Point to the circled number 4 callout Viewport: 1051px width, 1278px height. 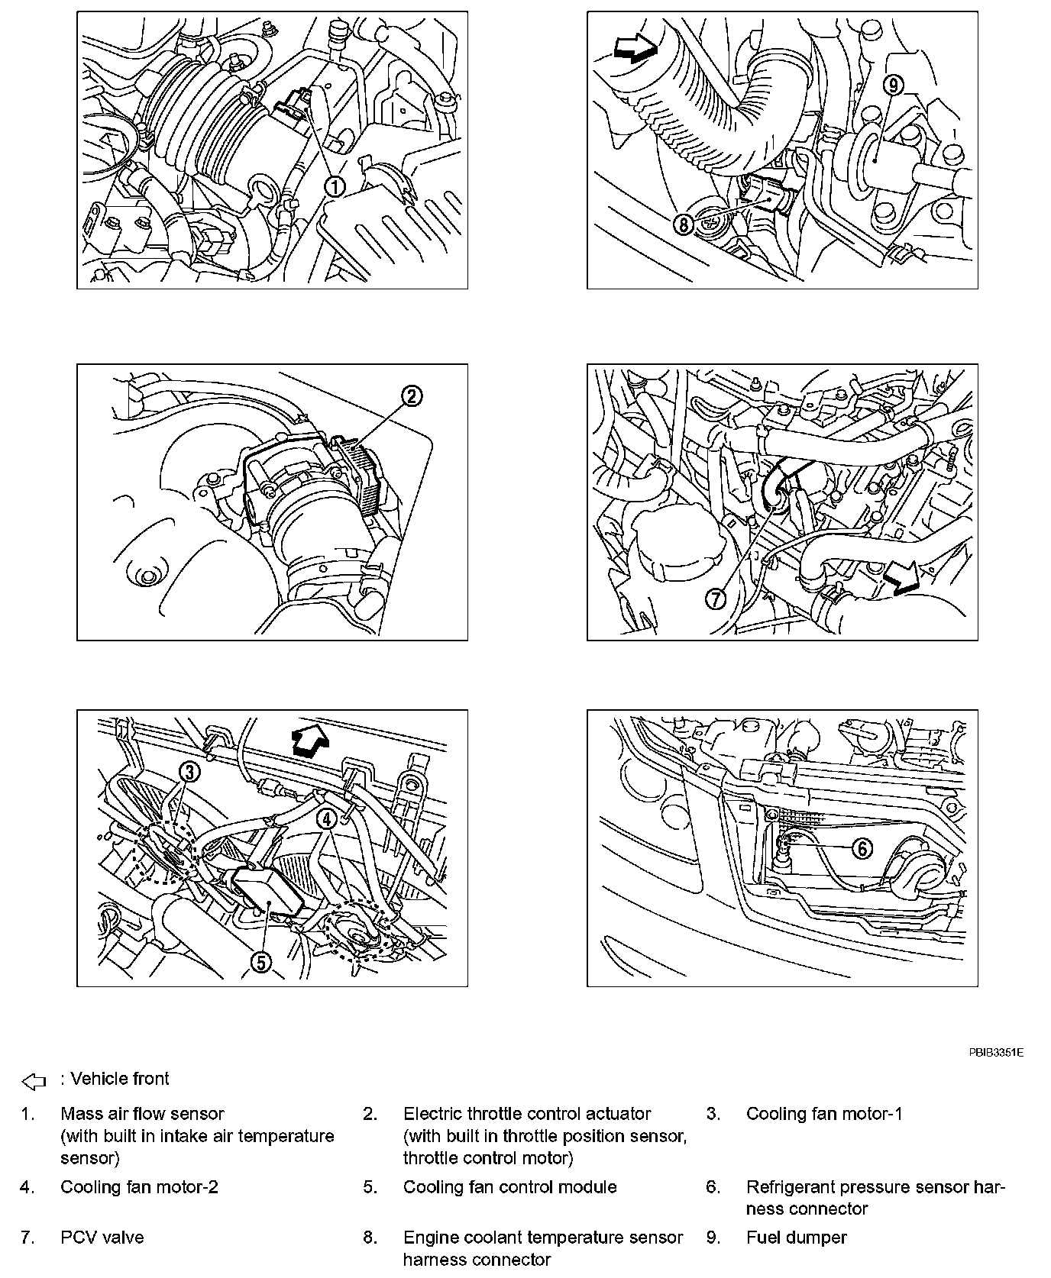326,819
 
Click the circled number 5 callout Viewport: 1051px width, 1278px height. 261,963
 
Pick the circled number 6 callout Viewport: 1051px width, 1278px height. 861,848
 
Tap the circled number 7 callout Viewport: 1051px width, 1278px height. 716,599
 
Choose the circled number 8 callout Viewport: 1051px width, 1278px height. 683,224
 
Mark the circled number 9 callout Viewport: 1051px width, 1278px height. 893,86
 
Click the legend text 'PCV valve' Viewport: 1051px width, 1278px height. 102,1238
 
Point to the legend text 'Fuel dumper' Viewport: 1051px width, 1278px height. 796,1238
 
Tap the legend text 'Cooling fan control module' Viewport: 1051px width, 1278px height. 509,1187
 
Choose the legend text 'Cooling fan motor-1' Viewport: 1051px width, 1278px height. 824,1114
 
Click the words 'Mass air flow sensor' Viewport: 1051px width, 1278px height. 142,1114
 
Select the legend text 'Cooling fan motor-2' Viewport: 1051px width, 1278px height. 139,1187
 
